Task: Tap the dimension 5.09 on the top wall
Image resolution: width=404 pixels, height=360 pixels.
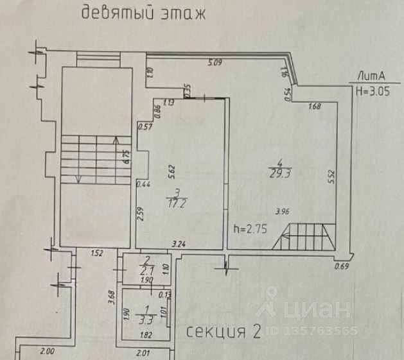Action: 214,63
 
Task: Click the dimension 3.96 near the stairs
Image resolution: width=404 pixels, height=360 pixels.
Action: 282,211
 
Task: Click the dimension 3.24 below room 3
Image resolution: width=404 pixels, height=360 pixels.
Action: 179,244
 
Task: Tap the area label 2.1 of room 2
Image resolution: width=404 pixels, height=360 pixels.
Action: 146,270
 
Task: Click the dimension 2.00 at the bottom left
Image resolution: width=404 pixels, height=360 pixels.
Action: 47,352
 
